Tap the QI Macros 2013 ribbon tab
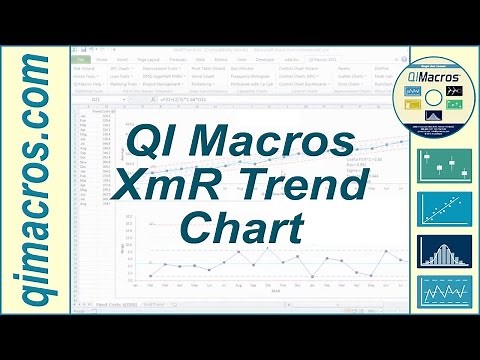(x=322, y=59)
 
